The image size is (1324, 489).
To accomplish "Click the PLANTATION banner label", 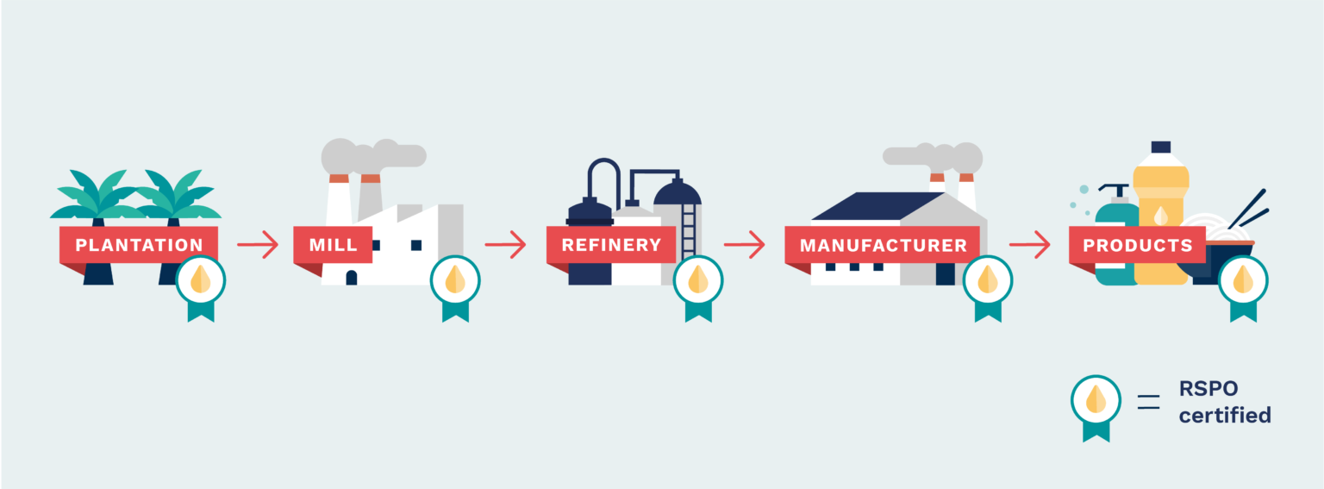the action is click(139, 245).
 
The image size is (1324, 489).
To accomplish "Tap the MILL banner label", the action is click(334, 245).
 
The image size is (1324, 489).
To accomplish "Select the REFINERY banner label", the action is click(611, 245).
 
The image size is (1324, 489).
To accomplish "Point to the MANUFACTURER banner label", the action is click(883, 246).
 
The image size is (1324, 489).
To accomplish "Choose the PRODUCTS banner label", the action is click(1138, 246).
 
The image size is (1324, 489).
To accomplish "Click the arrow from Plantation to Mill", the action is click(258, 244).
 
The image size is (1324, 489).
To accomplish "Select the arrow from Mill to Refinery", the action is click(505, 244).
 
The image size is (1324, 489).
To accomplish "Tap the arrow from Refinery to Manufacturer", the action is click(744, 244).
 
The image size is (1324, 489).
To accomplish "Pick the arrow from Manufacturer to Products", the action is click(1030, 244).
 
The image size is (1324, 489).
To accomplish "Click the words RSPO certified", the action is click(1225, 402).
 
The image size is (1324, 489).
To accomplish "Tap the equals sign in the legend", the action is click(1148, 402).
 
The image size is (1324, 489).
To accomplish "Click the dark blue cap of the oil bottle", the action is click(1161, 147).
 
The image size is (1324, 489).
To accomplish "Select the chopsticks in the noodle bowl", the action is click(1249, 210).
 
